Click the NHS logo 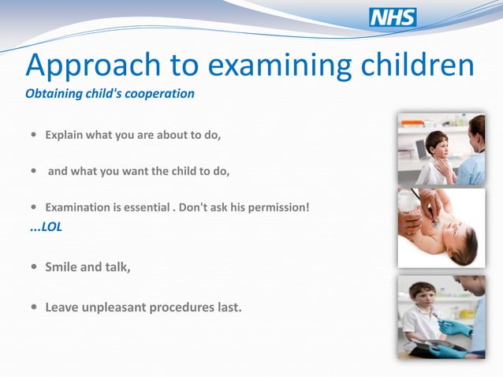pos(393,18)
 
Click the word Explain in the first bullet pos(64,135)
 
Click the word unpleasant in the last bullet pos(116,306)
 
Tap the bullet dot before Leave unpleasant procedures pos(32,307)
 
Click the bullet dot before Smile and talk pos(32,267)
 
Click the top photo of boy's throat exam pos(441,149)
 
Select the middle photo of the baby pos(441,228)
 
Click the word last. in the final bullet pos(226,306)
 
